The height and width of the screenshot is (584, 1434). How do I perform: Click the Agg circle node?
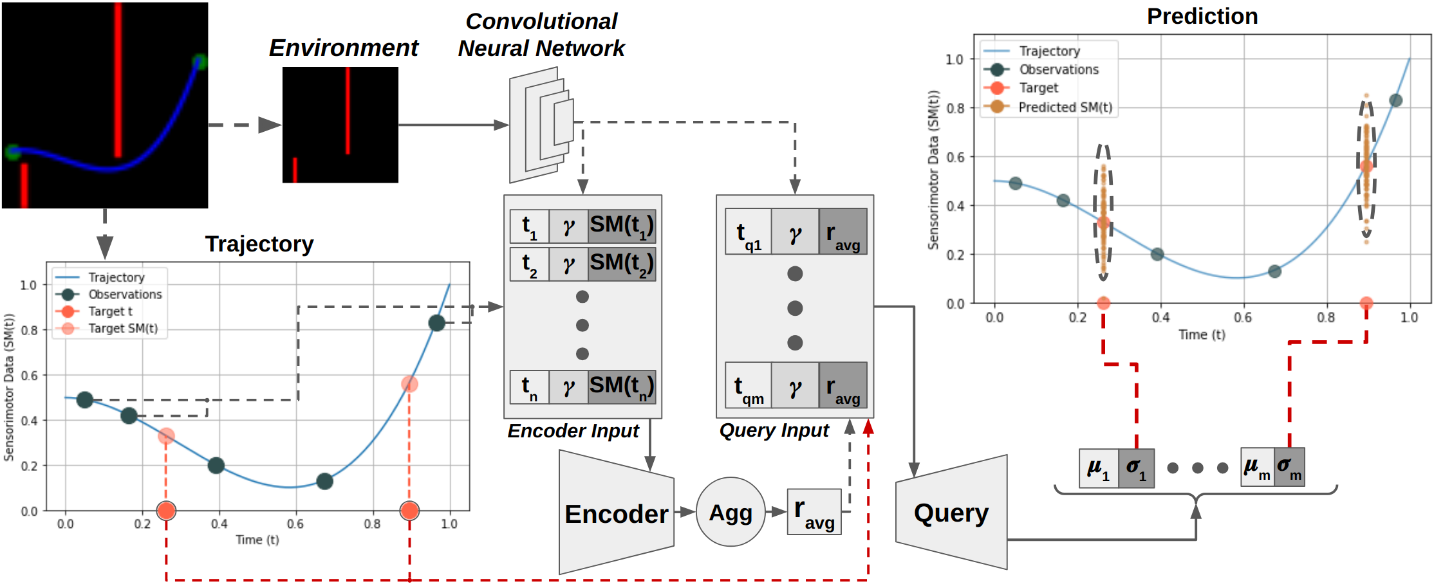point(731,512)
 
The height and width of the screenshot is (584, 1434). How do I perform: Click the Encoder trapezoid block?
point(616,513)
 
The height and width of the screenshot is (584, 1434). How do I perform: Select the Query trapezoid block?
point(951,513)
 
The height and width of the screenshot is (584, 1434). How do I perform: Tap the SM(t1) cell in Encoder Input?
point(621,226)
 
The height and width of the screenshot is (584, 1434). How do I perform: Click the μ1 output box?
point(1098,468)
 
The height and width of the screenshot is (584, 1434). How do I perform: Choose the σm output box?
point(1289,468)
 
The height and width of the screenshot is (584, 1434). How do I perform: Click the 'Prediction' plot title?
point(1202,16)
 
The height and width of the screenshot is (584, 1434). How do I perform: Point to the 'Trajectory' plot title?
point(259,244)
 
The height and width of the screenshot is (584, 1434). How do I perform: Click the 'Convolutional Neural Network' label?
point(541,35)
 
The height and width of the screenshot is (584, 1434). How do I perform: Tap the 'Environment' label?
point(343,48)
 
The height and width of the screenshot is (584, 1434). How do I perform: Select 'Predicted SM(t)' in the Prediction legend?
point(1065,107)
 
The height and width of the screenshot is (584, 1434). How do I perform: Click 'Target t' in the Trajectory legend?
point(110,311)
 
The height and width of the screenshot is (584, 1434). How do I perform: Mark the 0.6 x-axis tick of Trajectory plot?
point(295,524)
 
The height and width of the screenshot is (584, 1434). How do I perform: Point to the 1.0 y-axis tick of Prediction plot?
point(954,59)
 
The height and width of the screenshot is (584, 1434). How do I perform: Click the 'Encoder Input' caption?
point(573,431)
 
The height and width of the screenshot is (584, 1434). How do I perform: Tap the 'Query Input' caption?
point(774,430)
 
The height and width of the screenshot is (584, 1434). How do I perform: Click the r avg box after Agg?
point(814,512)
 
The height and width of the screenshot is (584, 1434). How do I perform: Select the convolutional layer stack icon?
point(541,125)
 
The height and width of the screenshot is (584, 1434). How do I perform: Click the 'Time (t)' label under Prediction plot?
point(1202,334)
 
